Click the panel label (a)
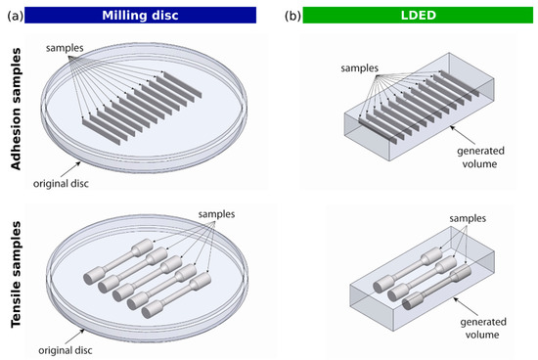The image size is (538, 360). pyautogui.click(x=17, y=14)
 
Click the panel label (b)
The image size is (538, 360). pyautogui.click(x=291, y=14)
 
